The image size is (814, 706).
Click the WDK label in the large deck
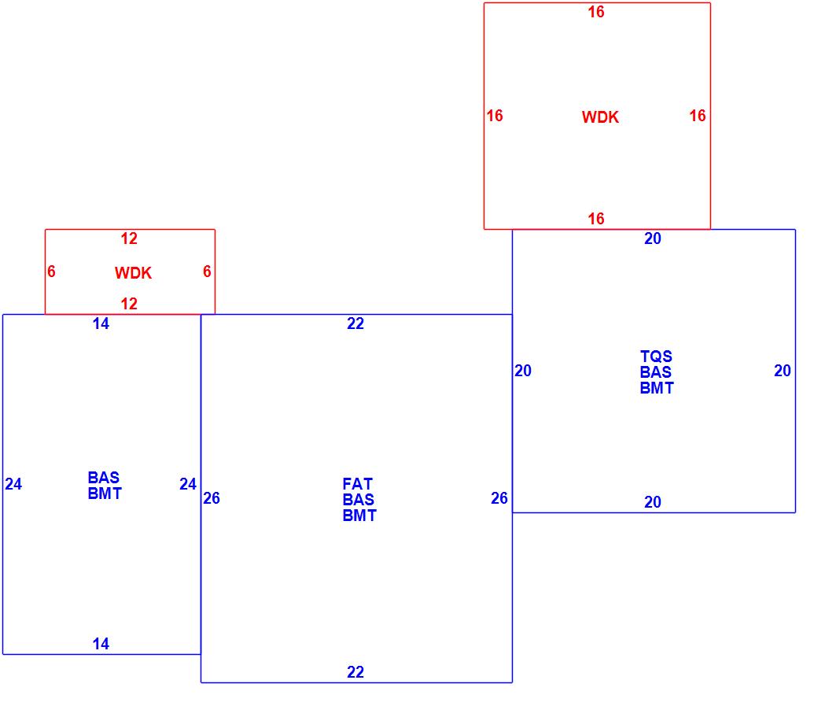600,117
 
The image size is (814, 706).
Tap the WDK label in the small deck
133,273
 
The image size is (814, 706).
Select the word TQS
656,357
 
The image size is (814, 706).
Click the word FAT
358,484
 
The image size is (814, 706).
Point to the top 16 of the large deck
596,12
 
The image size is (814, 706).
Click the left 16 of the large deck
494,116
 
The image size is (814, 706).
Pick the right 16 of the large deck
698,116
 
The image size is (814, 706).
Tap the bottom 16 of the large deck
596,219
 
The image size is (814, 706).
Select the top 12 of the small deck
129,238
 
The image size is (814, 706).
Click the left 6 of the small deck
51,272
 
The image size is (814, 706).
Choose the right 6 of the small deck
207,272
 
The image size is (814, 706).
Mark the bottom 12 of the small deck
129,304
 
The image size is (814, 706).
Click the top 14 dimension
101,323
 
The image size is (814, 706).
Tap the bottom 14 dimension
101,644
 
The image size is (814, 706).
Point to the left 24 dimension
13,484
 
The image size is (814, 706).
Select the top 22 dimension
355,323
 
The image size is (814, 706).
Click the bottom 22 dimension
355,672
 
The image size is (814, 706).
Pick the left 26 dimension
212,498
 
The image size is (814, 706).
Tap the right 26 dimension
499,498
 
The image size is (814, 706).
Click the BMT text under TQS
656,388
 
